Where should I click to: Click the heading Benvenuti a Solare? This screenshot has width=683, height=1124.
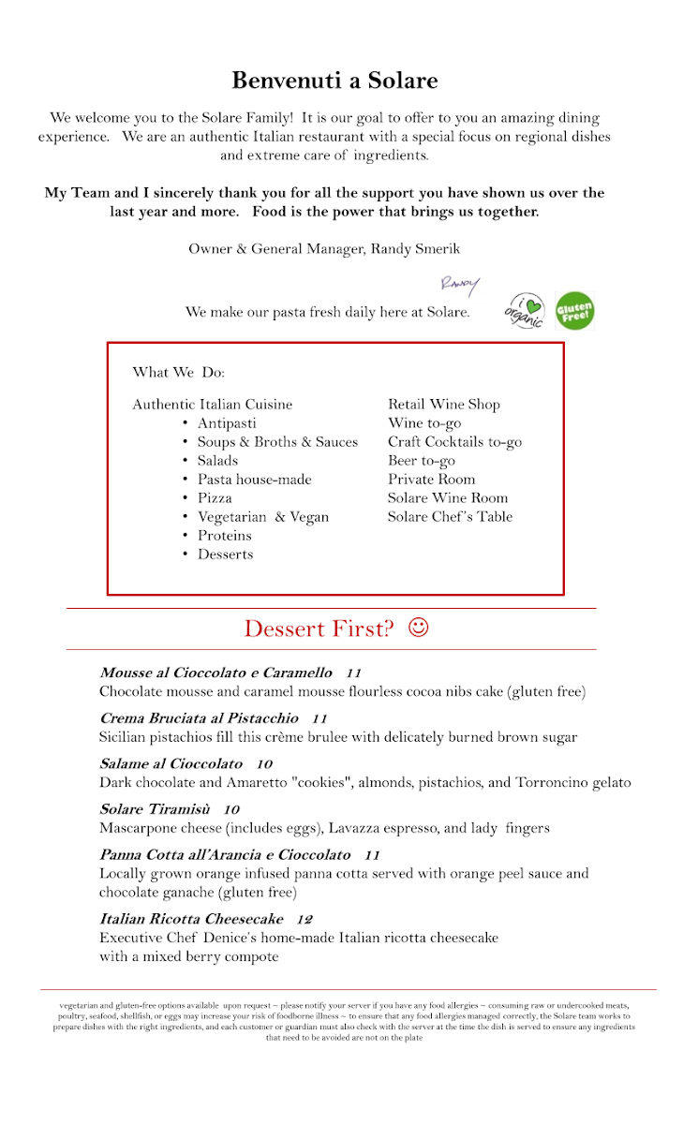[334, 81]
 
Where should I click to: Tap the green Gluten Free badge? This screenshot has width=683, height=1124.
[574, 311]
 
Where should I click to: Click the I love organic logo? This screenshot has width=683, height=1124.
[526, 310]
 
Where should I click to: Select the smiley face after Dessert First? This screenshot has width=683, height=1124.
[419, 627]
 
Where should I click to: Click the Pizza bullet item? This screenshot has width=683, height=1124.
[215, 498]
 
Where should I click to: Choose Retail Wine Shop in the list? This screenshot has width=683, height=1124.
[444, 405]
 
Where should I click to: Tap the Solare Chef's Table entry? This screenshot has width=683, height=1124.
[450, 517]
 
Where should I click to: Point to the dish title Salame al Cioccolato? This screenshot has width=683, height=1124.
[171, 764]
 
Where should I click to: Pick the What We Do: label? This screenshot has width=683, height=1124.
[179, 373]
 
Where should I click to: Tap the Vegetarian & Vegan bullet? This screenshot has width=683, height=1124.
[262, 517]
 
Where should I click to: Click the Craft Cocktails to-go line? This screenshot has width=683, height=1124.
[454, 442]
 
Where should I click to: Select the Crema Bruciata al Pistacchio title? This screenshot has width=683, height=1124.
[199, 718]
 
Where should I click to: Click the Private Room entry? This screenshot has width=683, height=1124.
[431, 480]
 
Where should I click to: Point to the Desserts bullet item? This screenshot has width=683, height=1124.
[225, 555]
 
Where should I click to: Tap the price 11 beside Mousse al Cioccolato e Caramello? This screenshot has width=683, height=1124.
[353, 673]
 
